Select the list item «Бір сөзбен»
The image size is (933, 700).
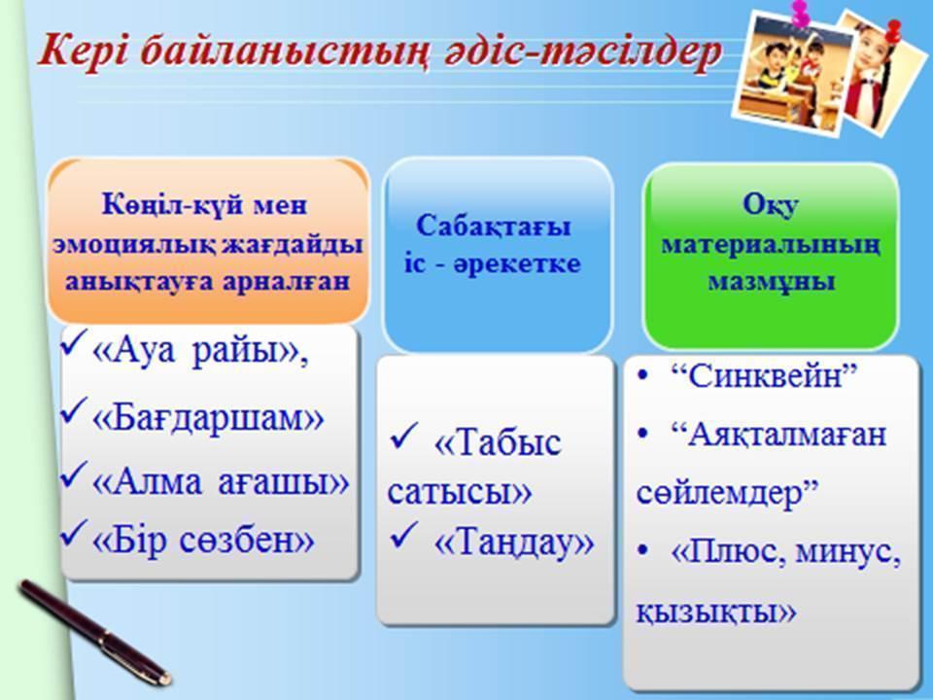pos(203,541)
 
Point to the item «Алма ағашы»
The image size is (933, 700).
pos(221,480)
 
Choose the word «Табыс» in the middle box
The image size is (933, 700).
pos(498,443)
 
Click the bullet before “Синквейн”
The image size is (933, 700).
pos(642,376)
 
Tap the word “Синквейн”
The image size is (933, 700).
pos(764,375)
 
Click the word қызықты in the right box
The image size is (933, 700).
pos(716,612)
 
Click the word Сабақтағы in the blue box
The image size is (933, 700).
pos(494,227)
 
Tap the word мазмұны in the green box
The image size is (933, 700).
pos(771,282)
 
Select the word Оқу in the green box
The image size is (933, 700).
pos(771,206)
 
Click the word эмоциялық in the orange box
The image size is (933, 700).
pos(134,245)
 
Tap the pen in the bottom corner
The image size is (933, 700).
pos(95,632)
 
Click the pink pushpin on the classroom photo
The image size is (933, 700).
pos(799,13)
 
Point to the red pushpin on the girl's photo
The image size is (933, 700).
pos(893,31)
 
